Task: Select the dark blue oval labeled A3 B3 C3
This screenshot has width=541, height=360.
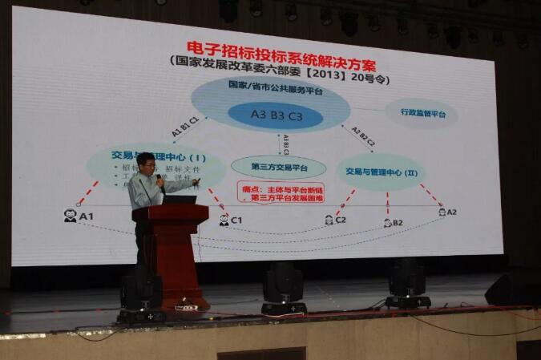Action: click(x=275, y=115)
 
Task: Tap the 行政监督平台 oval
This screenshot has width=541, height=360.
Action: click(x=421, y=112)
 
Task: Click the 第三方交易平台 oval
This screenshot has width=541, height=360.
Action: click(x=278, y=168)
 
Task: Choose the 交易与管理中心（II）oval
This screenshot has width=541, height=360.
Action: click(x=380, y=172)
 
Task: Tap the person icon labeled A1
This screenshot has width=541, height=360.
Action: click(x=71, y=216)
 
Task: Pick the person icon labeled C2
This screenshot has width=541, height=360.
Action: click(x=329, y=219)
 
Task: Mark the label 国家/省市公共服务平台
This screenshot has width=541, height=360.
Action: click(x=270, y=84)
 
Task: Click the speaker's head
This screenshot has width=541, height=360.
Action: click(x=146, y=164)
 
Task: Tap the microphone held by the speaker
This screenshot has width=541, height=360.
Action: click(x=160, y=181)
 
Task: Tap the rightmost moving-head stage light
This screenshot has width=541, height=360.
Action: click(x=407, y=283)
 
